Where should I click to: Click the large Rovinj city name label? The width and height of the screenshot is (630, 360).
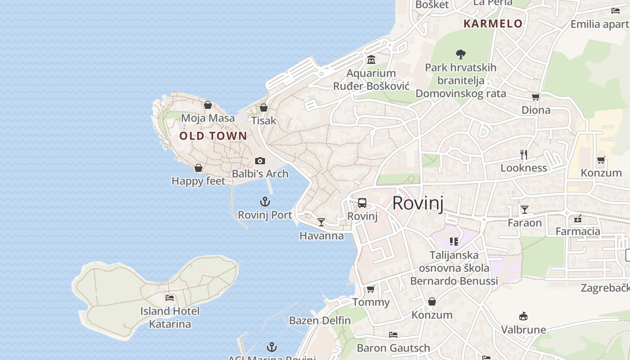(418, 203)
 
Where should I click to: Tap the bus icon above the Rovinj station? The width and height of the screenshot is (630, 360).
(362, 203)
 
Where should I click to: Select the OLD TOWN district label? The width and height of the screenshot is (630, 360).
(213, 135)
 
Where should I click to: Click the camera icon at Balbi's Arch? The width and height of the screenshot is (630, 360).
(260, 161)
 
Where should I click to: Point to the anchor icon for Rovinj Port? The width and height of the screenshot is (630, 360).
(265, 202)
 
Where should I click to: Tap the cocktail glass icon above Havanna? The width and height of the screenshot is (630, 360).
(321, 222)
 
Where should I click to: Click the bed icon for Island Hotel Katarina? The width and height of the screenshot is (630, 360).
(170, 297)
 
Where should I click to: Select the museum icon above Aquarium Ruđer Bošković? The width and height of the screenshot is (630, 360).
(371, 59)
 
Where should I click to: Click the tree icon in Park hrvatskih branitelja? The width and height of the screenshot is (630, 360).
(460, 54)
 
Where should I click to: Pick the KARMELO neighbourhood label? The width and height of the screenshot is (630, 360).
(493, 24)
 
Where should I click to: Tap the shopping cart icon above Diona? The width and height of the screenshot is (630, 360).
(535, 97)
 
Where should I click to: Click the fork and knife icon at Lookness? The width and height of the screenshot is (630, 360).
(524, 155)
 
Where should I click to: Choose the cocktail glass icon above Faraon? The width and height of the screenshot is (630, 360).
(525, 209)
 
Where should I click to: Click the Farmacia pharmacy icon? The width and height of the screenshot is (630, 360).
(578, 219)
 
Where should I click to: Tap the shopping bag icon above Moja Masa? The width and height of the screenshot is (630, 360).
(208, 105)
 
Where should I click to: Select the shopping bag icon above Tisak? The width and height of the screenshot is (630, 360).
(264, 108)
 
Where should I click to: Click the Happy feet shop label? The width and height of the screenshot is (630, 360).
(198, 181)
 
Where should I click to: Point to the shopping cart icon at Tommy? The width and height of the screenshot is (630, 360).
(371, 289)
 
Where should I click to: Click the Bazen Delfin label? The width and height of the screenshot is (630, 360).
(319, 320)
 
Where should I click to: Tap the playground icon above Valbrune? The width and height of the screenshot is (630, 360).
(523, 316)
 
